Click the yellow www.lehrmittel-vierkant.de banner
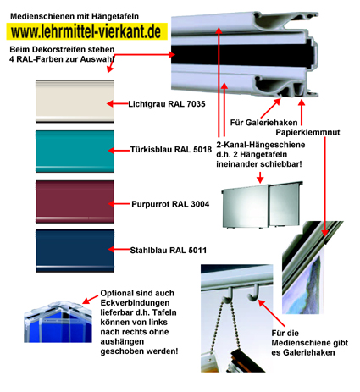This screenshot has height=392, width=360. point(87,31)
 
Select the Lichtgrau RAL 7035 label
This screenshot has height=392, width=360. point(167,104)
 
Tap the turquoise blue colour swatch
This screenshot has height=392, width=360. point(75,151)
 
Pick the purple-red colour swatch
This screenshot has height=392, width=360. point(75,202)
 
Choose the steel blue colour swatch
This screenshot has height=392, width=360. point(75,251)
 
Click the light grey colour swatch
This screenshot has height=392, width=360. point(75,102)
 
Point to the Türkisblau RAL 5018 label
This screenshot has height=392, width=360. point(171,150)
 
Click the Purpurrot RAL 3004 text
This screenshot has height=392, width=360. point(170,204)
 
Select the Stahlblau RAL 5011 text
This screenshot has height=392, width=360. point(169,251)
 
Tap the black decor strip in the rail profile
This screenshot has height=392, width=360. point(243,54)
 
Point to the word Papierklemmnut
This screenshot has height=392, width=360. point(307,132)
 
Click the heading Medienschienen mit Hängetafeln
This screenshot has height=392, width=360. point(75,16)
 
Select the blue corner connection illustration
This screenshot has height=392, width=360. point(58,322)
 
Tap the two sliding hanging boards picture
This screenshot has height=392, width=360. point(262,205)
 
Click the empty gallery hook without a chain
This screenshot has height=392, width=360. point(254,294)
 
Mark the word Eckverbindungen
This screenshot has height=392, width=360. point(135,303)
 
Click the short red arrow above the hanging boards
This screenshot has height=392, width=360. point(260,177)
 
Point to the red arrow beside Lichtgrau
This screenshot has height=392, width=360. point(117,104)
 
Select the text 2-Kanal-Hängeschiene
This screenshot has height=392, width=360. point(261,145)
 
